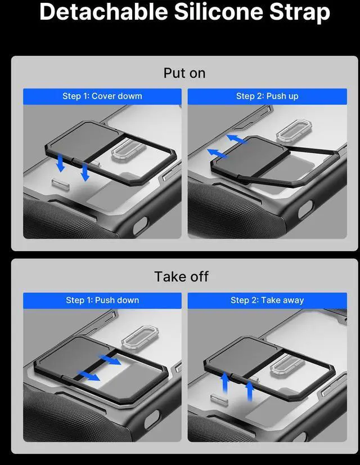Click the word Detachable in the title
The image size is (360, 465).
point(104,11)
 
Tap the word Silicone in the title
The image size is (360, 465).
point(219,11)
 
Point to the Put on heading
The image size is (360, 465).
point(184,73)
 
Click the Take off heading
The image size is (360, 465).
point(182,276)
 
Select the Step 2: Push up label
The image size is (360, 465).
point(267,96)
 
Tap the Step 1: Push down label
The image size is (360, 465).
point(102,300)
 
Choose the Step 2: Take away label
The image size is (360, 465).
point(267,300)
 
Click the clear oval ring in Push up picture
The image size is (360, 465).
point(294,130)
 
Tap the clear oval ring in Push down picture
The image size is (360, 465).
point(140,337)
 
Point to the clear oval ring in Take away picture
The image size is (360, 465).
point(287,364)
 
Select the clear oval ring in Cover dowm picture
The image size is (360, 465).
point(129,148)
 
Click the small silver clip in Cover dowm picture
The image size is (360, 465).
point(60,184)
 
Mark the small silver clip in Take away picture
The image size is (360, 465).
point(219,399)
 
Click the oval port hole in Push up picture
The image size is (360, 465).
point(305,209)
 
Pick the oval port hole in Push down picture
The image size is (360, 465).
point(152,419)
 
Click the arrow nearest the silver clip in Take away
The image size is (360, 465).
point(225,383)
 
